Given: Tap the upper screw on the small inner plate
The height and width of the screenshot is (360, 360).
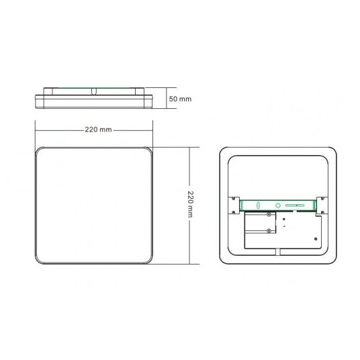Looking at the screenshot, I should point(269,215).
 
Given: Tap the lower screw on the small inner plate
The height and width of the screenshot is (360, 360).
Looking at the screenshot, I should point(269,231).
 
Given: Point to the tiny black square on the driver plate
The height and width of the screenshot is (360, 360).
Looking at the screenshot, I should point(285,219).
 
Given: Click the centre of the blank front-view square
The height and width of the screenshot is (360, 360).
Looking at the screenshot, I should point(96,204).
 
